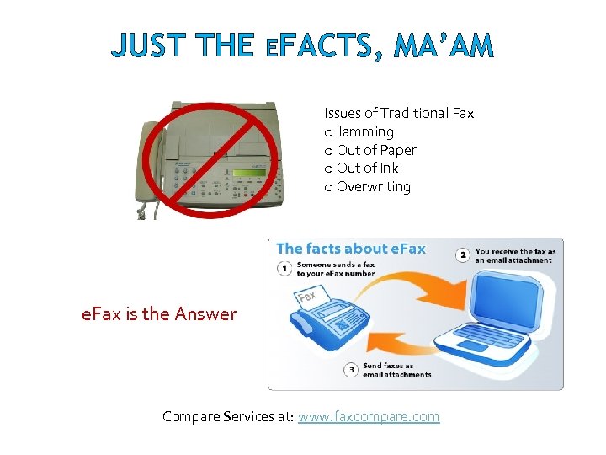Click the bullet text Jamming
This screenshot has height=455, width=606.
(364, 131)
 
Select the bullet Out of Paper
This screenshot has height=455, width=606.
(376, 150)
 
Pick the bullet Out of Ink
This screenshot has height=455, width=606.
(367, 168)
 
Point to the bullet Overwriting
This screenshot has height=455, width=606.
(373, 186)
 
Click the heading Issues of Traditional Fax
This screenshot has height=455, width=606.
(399, 113)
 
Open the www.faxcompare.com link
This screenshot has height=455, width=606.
(369, 416)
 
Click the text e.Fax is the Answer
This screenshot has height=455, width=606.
(159, 314)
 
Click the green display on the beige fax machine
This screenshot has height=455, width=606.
(249, 173)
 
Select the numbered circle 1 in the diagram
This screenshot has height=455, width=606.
(284, 269)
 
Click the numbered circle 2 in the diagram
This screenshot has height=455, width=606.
(462, 254)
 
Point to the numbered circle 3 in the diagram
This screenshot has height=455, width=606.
(350, 370)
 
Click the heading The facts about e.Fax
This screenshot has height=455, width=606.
(351, 249)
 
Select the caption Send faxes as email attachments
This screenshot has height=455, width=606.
(396, 370)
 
